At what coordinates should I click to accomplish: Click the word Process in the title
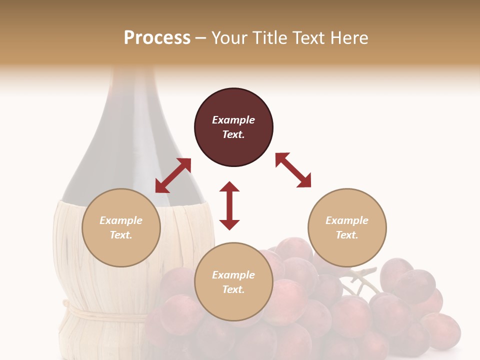point(157,38)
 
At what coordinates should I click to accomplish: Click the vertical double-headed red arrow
point(229,205)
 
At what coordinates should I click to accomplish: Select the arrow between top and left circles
point(173,175)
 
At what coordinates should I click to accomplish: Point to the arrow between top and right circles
point(293,170)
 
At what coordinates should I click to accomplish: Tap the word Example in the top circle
point(233,120)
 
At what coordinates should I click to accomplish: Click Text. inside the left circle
point(121,235)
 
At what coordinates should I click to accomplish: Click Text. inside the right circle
point(347,235)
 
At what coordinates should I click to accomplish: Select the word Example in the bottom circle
point(233,275)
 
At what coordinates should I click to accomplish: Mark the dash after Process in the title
point(200,38)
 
